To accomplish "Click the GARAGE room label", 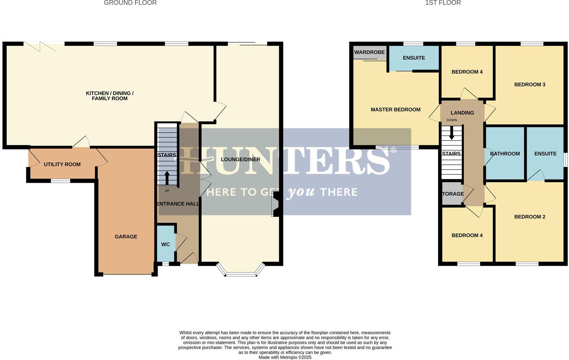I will pyautogui.click(x=126, y=237).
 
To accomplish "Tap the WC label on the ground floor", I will pyautogui.click(x=166, y=245).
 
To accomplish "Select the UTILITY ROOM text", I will pyautogui.click(x=62, y=164).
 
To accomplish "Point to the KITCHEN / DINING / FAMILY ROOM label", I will pyautogui.click(x=109, y=96).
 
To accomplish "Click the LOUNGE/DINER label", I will pyautogui.click(x=241, y=159).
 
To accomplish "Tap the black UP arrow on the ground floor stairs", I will pyautogui.click(x=167, y=178).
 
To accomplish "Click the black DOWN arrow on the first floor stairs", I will pyautogui.click(x=452, y=133).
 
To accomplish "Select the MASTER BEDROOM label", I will pyautogui.click(x=395, y=110).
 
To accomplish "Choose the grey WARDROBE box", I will pyautogui.click(x=370, y=53).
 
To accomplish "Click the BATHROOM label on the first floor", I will pyautogui.click(x=504, y=153).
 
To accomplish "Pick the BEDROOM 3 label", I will pyautogui.click(x=530, y=84).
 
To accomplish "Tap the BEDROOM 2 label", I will pyautogui.click(x=530, y=217).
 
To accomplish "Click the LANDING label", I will pyautogui.click(x=462, y=113).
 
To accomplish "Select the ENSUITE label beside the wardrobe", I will pyautogui.click(x=414, y=58).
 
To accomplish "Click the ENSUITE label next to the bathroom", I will pyautogui.click(x=545, y=153).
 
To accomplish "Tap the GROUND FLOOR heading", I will pyautogui.click(x=130, y=3).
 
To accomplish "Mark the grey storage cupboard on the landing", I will pyautogui.click(x=452, y=194).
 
